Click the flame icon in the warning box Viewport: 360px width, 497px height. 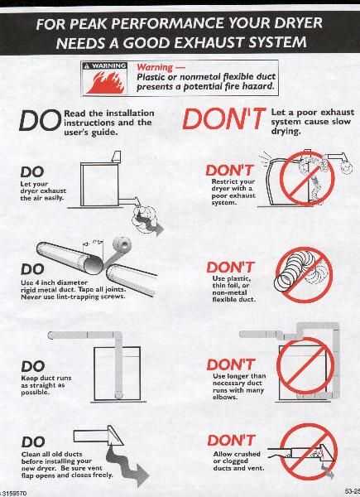click(103, 82)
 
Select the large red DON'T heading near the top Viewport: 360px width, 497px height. click(223, 118)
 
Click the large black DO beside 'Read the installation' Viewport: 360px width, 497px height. click(40, 121)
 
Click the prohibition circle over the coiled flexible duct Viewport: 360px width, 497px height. click(304, 274)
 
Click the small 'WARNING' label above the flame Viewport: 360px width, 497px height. click(105, 66)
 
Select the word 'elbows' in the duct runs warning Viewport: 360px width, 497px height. click(224, 397)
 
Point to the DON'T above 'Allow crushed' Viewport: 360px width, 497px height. click(231, 441)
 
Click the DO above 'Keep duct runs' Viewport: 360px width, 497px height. click(33, 366)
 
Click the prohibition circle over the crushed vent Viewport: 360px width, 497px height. click(309, 451)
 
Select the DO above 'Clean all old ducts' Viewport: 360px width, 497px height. click(33, 442)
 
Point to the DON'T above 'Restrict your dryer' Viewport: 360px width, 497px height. click(230, 171)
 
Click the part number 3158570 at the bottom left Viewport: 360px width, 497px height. click(14, 494)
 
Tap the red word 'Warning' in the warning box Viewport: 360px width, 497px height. click(155, 67)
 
